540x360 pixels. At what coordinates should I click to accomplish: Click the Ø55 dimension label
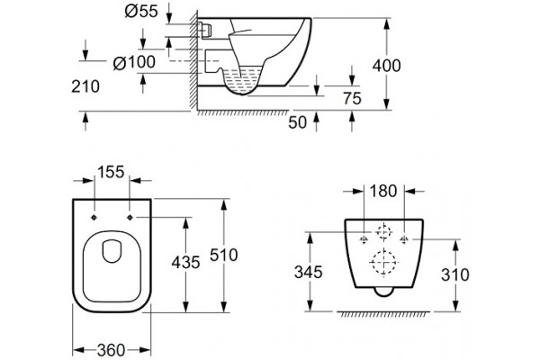pos(141,12)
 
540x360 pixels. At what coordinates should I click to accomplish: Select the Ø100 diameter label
pos(134,62)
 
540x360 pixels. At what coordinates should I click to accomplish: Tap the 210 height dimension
pos(85,86)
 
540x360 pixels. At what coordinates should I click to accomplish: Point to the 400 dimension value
pos(386,66)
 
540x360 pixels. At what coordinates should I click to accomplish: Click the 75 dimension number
pos(352,98)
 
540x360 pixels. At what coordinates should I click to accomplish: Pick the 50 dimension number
pos(297,122)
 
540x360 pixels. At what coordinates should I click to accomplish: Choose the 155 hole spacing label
pos(111,172)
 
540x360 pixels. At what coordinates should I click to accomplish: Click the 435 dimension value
pos(185,263)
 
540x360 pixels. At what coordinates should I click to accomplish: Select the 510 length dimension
pos(224,256)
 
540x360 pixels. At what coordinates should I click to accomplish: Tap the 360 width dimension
pos(111,351)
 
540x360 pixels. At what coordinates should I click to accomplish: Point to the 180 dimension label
pos(383,191)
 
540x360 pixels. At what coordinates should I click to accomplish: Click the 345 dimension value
pos(309,272)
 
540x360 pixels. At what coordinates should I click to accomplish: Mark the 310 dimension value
pos(455,274)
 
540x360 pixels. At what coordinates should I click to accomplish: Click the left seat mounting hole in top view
pos(94,218)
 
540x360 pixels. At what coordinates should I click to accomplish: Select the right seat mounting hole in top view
pos(130,218)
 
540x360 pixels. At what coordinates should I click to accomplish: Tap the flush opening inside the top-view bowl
pos(112,251)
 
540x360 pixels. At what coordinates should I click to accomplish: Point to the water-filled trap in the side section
pos(241,80)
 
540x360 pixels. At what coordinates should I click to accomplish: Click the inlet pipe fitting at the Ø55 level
pos(204,30)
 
